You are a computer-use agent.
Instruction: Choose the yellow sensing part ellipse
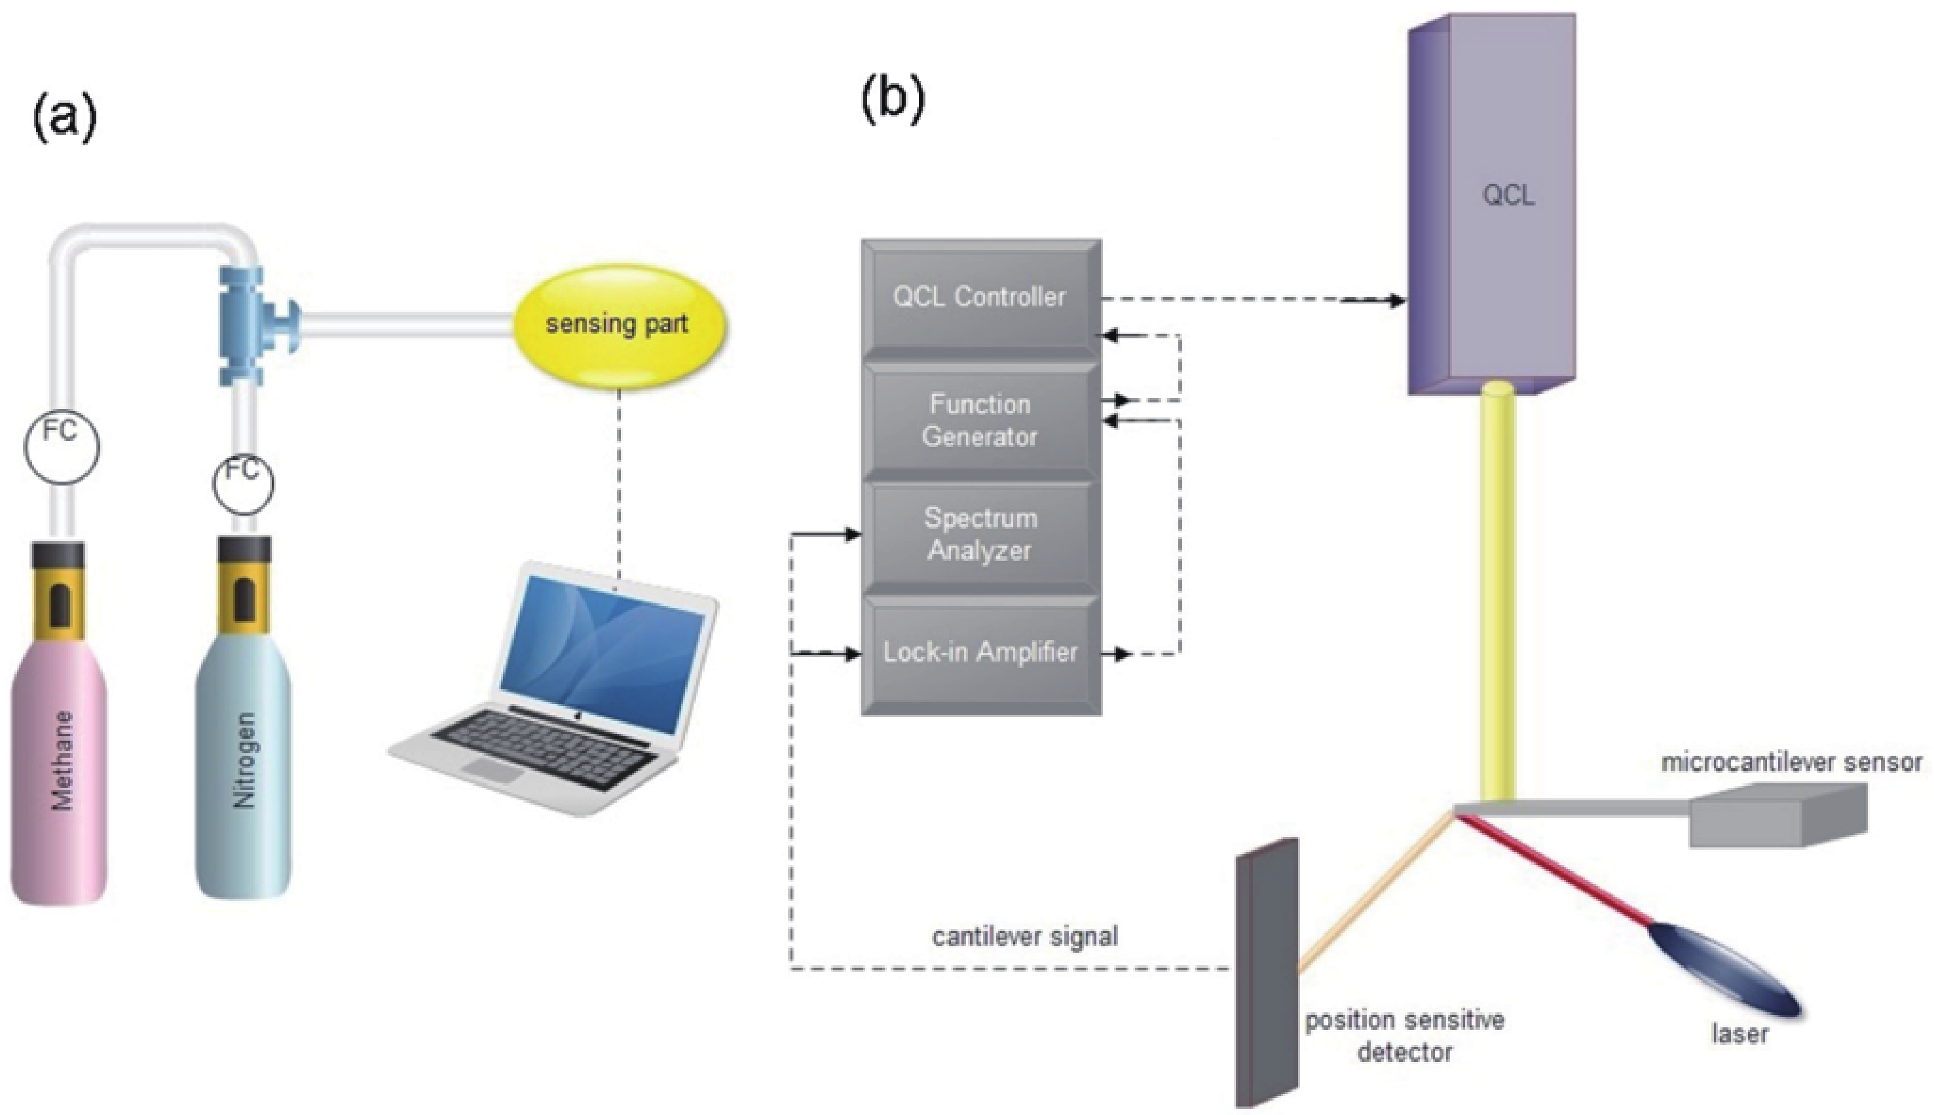(618, 325)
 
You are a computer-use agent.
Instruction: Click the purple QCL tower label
(1508, 196)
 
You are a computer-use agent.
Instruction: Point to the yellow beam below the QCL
(1498, 597)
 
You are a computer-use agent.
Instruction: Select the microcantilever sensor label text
(1791, 763)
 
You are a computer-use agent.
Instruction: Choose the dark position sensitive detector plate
(1267, 972)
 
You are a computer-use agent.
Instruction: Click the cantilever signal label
(1024, 936)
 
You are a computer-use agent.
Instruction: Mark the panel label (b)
(893, 102)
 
